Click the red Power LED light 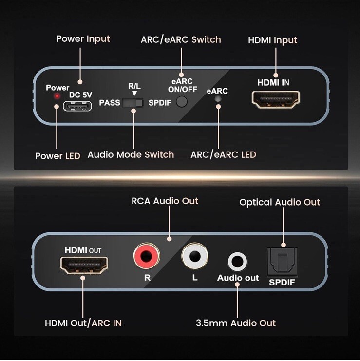pyautogui.click(x=57, y=96)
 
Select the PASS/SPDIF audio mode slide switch pyautogui.click(x=133, y=103)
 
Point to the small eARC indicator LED pyautogui.click(x=218, y=98)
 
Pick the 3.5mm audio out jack pyautogui.click(x=238, y=261)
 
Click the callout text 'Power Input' pyautogui.click(x=83, y=38)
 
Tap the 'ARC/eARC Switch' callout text pyautogui.click(x=180, y=39)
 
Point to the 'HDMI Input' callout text pyautogui.click(x=272, y=40)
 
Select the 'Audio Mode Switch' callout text pyautogui.click(x=131, y=154)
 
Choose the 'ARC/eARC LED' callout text pyautogui.click(x=223, y=154)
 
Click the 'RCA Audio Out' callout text pyautogui.click(x=165, y=201)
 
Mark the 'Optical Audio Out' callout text pyautogui.click(x=280, y=202)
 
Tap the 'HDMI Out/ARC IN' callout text pyautogui.click(x=83, y=323)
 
